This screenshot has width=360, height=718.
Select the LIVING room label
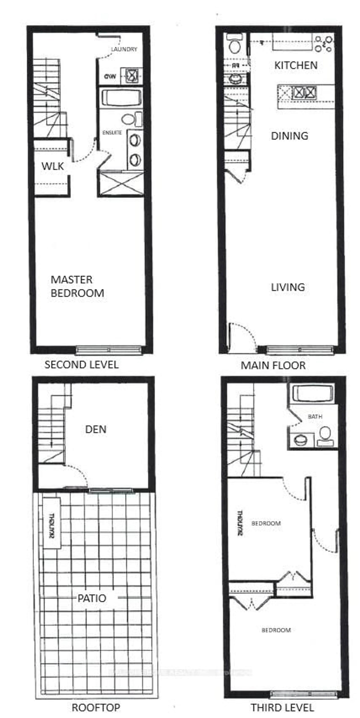click(288, 287)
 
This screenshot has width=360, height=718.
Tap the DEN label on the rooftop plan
click(96, 429)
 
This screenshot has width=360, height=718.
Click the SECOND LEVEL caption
click(81, 365)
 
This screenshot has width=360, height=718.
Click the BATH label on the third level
click(315, 417)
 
